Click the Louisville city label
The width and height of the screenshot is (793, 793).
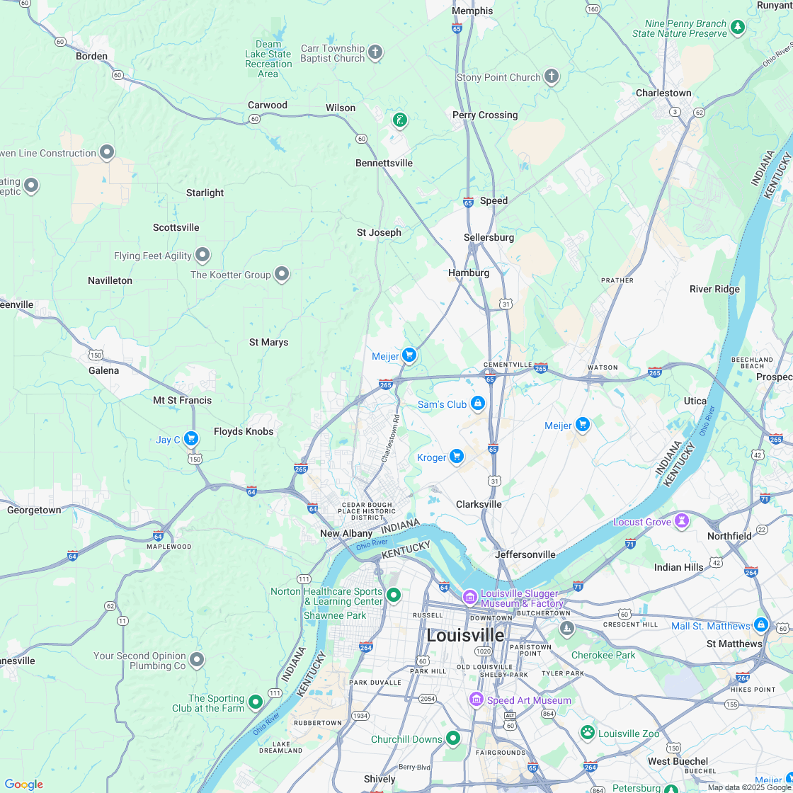[x=465, y=635]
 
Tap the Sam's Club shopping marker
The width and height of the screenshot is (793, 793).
[x=478, y=404]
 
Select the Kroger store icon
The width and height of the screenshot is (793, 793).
[x=457, y=457]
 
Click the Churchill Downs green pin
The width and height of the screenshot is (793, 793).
[x=452, y=738]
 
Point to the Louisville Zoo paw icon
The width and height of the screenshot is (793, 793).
[x=587, y=733]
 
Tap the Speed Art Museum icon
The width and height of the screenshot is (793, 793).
[x=477, y=700]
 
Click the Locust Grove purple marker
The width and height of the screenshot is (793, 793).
[x=681, y=522]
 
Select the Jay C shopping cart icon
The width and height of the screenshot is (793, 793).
[x=190, y=439]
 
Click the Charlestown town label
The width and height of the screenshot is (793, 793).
[x=663, y=93]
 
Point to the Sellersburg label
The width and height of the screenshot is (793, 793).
[x=489, y=237]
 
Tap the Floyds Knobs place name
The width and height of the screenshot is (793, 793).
[x=244, y=431]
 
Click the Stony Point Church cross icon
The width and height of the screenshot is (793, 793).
[x=552, y=77]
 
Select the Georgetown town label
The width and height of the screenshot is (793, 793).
[x=34, y=510]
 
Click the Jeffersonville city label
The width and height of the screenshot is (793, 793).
[x=525, y=554]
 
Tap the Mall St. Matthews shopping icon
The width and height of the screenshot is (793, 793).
[x=760, y=625]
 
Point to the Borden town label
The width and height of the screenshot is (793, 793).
[x=92, y=56]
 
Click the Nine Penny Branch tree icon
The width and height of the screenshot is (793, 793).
[x=738, y=28]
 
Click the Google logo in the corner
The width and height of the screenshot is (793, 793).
[x=23, y=784]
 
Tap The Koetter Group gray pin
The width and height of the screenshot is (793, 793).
[x=282, y=273]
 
